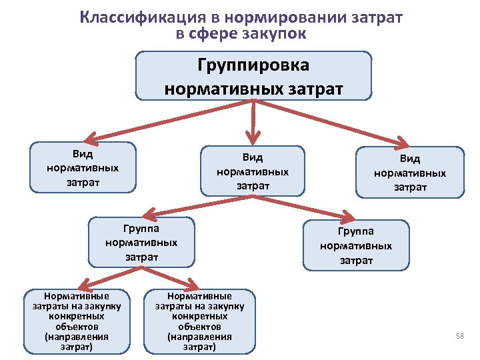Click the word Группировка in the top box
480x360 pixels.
pyautogui.click(x=253, y=65)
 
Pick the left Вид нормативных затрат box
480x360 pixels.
pyautogui.click(x=83, y=166)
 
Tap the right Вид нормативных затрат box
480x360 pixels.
pyautogui.click(x=410, y=173)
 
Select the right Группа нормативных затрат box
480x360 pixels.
pyautogui.click(x=356, y=245)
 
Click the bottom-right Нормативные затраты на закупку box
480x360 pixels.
pyautogui.click(x=200, y=321)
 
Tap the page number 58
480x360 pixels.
pyautogui.click(x=459, y=335)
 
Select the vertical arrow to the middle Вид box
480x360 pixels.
pyautogui.click(x=253, y=123)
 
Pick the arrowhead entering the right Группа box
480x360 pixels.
pyautogui.click(x=347, y=217)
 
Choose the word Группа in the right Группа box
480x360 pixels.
pyautogui.click(x=356, y=231)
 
